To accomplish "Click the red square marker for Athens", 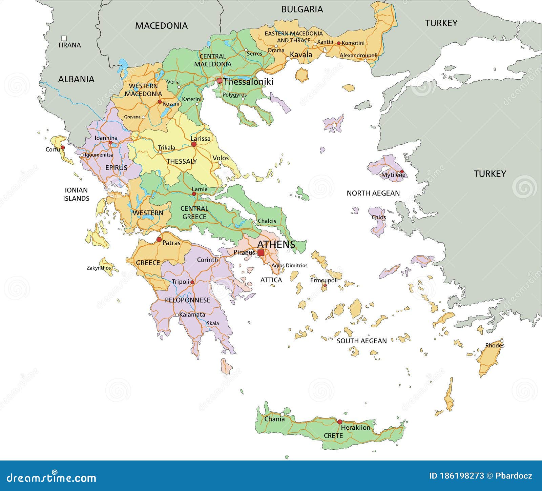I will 260,253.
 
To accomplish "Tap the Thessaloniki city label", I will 248,82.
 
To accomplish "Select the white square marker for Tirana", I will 64,38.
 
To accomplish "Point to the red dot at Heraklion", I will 339,422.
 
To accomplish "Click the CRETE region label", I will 333,435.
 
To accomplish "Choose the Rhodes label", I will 495,346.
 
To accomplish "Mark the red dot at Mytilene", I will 402,171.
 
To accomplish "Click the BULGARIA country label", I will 302,9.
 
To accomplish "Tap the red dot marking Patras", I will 159,240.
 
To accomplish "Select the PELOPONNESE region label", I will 187,300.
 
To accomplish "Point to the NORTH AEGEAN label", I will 373,193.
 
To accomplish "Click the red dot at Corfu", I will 63,148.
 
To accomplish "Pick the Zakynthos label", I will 99,268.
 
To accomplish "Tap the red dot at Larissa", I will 194,144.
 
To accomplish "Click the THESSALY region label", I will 182,161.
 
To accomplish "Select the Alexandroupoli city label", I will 358,55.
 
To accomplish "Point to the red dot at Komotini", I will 338,43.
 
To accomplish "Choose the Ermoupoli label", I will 324,280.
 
